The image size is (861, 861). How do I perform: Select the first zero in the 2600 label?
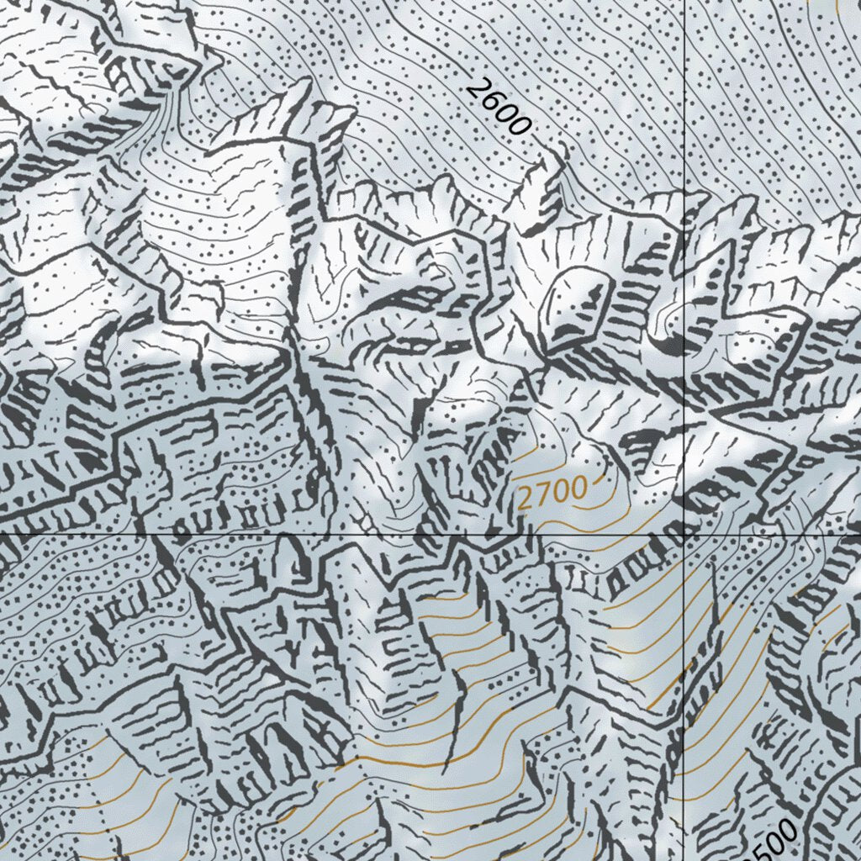506,113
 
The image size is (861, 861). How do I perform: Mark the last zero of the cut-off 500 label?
785,831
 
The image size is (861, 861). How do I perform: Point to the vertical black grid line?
685,252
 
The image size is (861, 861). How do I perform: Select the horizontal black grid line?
252,533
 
